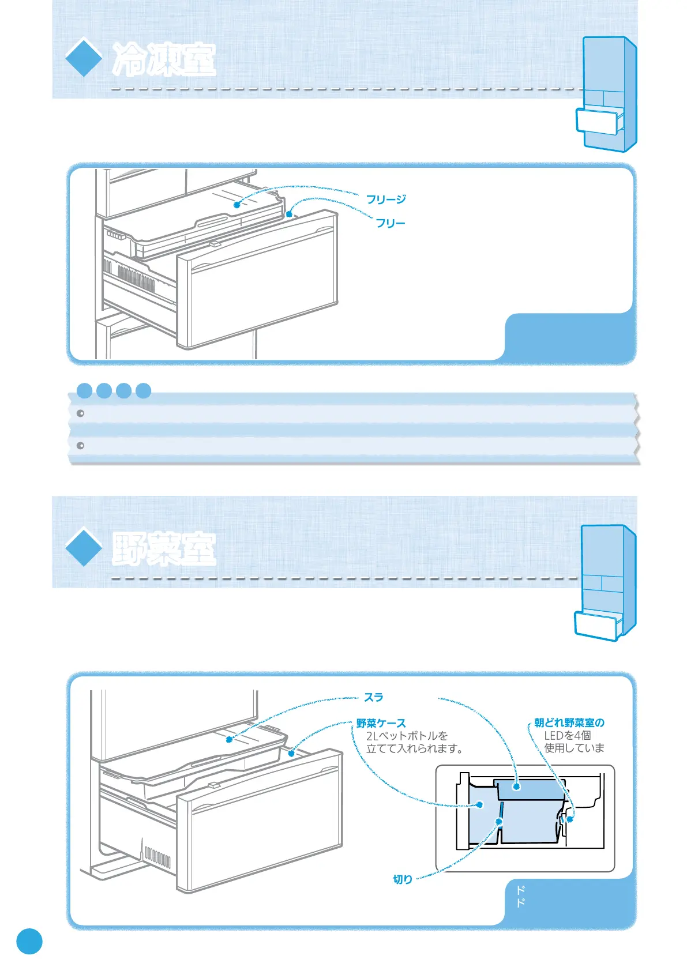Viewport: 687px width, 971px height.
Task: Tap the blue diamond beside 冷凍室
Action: [x=84, y=57]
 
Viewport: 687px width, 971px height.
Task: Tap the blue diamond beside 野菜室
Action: [x=84, y=547]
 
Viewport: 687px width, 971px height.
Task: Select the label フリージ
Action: [x=386, y=200]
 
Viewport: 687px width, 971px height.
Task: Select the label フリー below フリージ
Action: [x=391, y=223]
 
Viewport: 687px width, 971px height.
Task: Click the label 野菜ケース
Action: [x=381, y=723]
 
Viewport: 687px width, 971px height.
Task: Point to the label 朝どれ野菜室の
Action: [x=569, y=722]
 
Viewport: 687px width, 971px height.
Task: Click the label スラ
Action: [x=374, y=698]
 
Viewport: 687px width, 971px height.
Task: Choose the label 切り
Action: [x=403, y=879]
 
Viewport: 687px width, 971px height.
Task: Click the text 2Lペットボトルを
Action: [x=407, y=736]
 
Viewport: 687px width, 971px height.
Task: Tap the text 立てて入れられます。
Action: [x=414, y=748]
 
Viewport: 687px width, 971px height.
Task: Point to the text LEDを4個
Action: [x=567, y=735]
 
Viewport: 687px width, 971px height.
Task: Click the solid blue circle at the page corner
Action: [x=29, y=941]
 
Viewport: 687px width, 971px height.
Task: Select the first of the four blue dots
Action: [x=85, y=391]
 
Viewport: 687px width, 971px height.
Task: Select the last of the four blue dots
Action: [x=143, y=391]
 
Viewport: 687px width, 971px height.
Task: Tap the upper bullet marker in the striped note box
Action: [x=81, y=413]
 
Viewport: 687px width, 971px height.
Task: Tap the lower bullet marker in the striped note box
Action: [x=81, y=446]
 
